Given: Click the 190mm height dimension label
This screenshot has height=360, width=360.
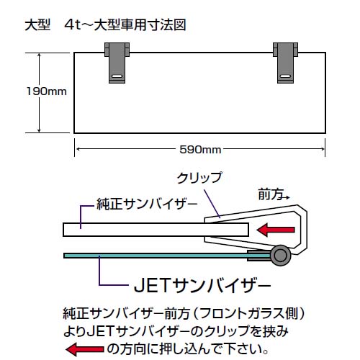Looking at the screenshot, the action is click(47, 91).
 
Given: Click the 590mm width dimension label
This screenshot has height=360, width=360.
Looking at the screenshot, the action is click(200, 150).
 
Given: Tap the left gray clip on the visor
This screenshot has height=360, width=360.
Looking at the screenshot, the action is click(117, 63).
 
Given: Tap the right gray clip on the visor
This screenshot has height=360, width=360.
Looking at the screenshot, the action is click(285, 63).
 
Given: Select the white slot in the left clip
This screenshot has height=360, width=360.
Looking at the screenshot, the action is click(117, 76).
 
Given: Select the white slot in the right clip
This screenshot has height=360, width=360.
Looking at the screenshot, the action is click(285, 76).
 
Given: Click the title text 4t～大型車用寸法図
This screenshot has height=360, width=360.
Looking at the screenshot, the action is click(125, 25).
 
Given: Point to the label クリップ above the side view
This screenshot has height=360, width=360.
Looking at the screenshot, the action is click(199, 178).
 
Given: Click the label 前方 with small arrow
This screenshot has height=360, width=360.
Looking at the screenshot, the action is click(274, 194).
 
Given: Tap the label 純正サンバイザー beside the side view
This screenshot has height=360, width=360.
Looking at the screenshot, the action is click(147, 204).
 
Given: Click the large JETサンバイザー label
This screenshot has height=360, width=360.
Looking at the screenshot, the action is click(202, 285).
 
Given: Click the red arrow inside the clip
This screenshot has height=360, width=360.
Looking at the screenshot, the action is click(276, 230).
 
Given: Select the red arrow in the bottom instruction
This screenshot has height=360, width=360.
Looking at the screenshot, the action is click(84, 348).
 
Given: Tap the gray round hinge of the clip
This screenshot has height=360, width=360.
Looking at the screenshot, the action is click(279, 256).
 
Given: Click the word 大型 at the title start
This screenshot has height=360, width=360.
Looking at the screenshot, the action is click(37, 25).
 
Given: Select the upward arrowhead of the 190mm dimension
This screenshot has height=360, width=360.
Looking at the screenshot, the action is click(39, 55).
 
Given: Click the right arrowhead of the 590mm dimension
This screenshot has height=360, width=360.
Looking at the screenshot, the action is click(323, 149).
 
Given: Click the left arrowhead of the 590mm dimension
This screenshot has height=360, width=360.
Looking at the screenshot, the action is click(78, 149).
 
